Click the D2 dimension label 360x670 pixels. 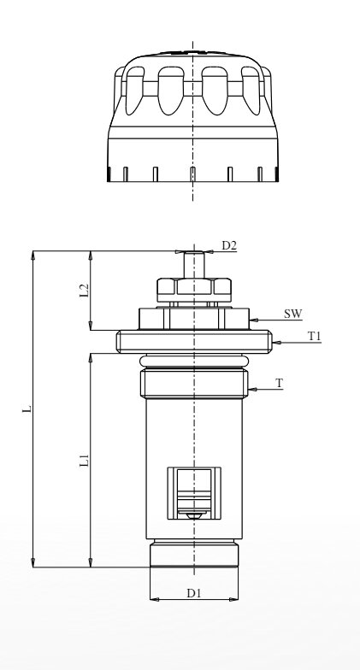[x=229, y=245]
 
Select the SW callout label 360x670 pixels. [x=292, y=314]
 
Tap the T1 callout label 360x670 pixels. [x=315, y=337]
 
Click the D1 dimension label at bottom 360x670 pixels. [x=193, y=593]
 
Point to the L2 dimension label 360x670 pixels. [x=86, y=291]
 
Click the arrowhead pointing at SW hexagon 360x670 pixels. [x=253, y=320]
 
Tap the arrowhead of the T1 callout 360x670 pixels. [x=275, y=342]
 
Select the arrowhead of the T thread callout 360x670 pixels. [x=252, y=389]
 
